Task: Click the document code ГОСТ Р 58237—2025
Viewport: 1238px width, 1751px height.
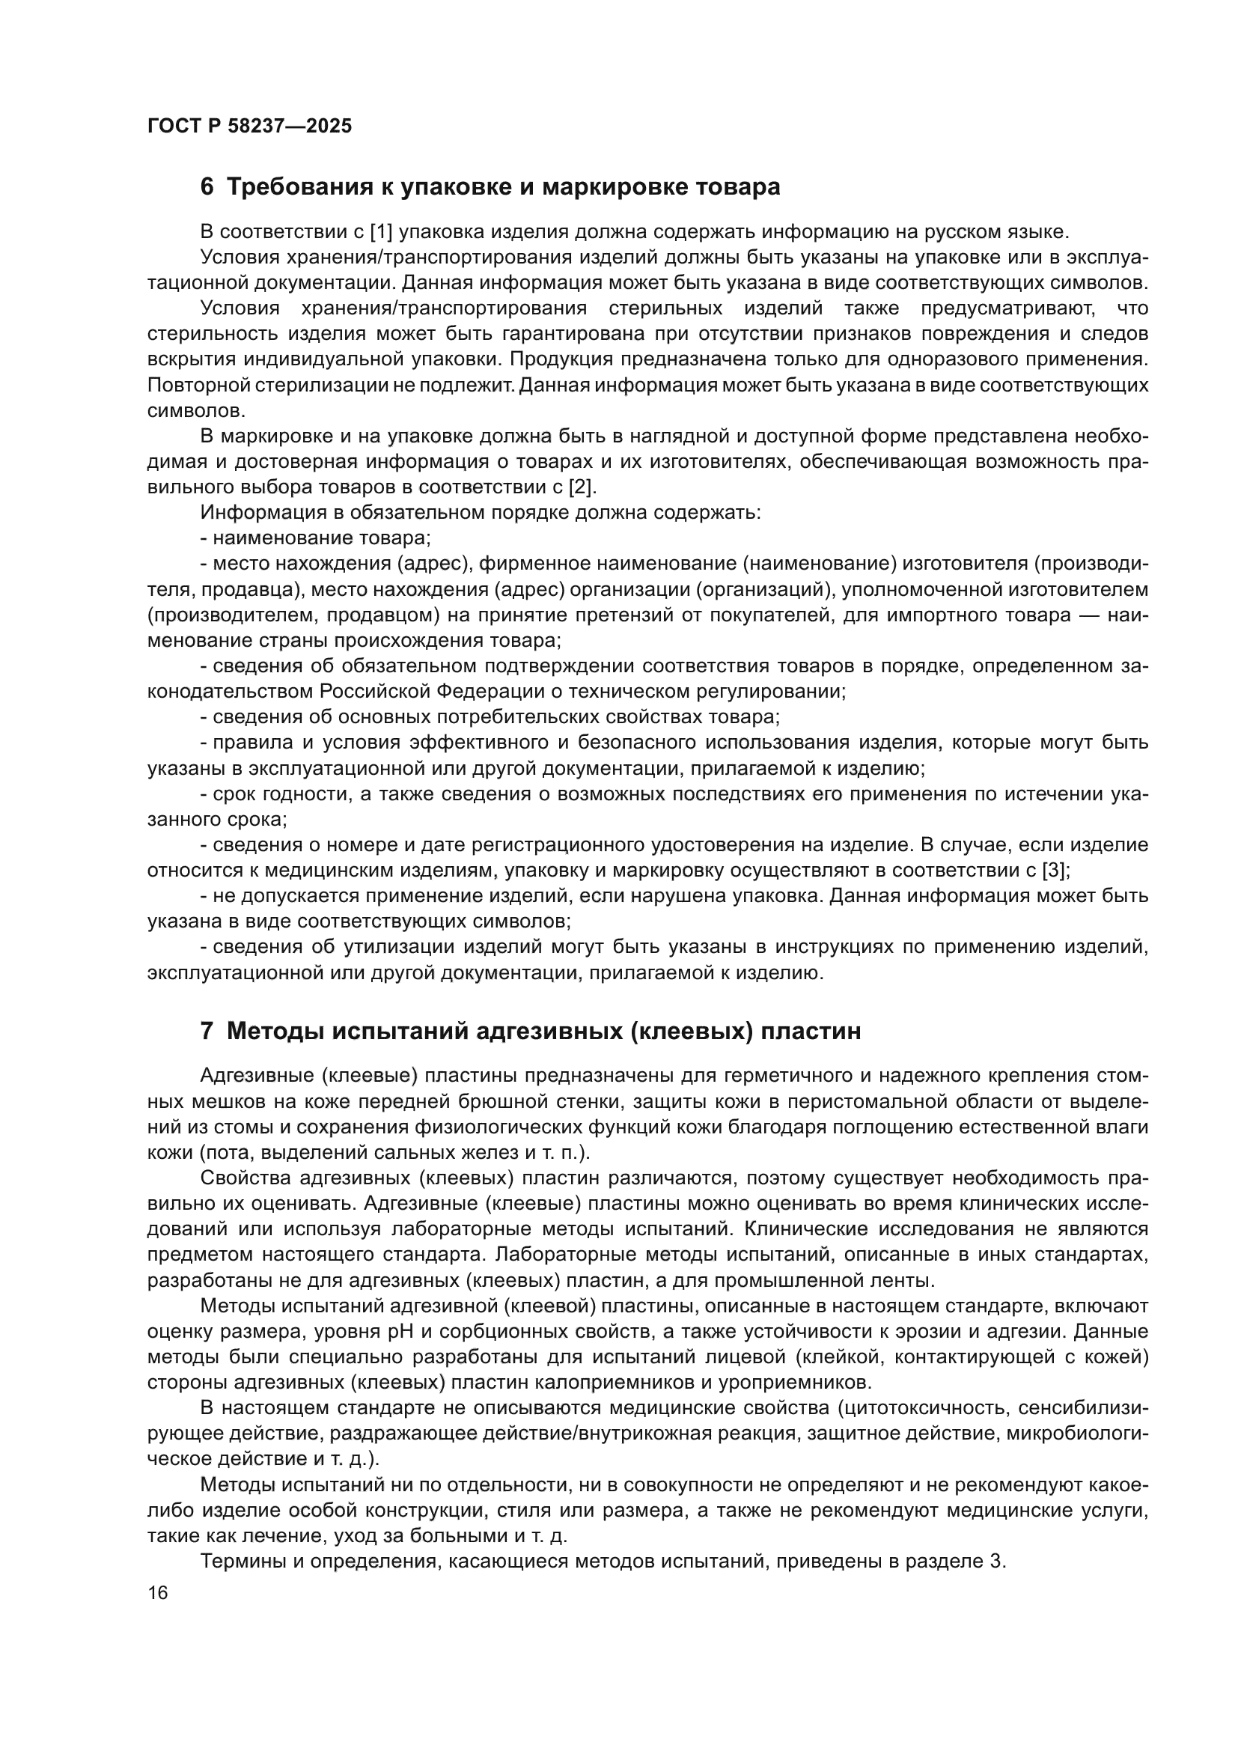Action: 249,127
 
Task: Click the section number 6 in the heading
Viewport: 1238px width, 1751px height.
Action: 207,187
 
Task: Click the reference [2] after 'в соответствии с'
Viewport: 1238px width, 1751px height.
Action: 582,487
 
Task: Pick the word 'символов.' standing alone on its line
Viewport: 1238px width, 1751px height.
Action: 196,410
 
